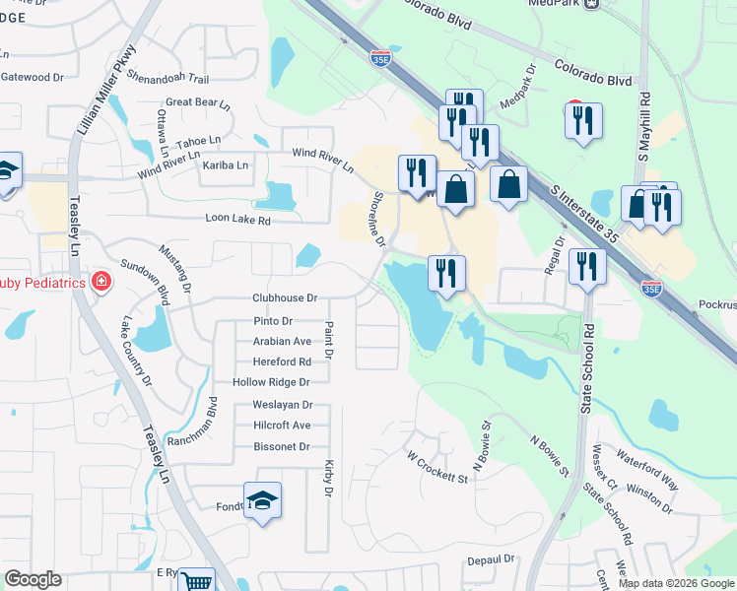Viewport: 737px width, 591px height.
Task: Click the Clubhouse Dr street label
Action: pos(284,297)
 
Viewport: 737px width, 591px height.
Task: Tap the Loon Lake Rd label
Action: pos(237,220)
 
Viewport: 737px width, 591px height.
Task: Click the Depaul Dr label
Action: pos(492,558)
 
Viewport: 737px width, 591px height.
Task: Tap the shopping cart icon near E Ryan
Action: pos(198,581)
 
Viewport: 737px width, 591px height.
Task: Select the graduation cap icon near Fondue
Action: pos(262,502)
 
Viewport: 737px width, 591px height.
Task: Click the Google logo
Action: pos(33,579)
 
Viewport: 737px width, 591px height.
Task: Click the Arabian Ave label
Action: pos(283,341)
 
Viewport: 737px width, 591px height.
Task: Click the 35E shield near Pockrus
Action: pos(651,289)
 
